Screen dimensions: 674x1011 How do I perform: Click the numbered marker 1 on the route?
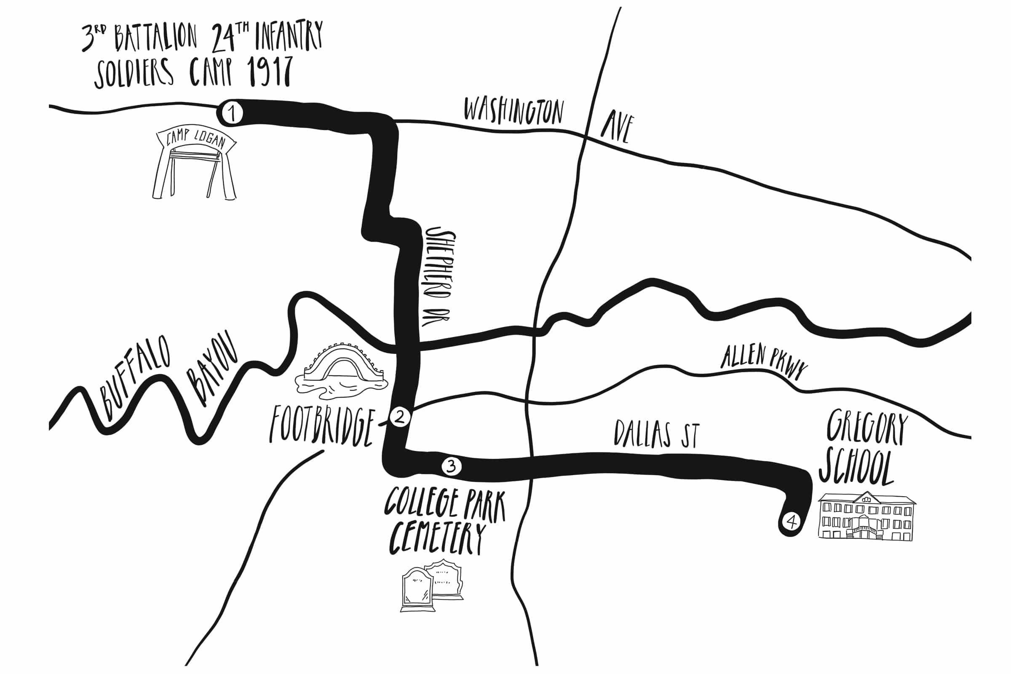232,113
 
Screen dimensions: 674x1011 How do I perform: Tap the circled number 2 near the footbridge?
400,417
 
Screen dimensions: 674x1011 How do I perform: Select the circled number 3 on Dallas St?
451,466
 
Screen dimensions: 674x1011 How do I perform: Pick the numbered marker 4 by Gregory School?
792,522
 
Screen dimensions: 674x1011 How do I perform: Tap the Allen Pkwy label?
763,361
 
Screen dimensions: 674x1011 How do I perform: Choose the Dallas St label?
656,434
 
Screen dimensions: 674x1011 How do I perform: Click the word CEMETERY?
437,538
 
